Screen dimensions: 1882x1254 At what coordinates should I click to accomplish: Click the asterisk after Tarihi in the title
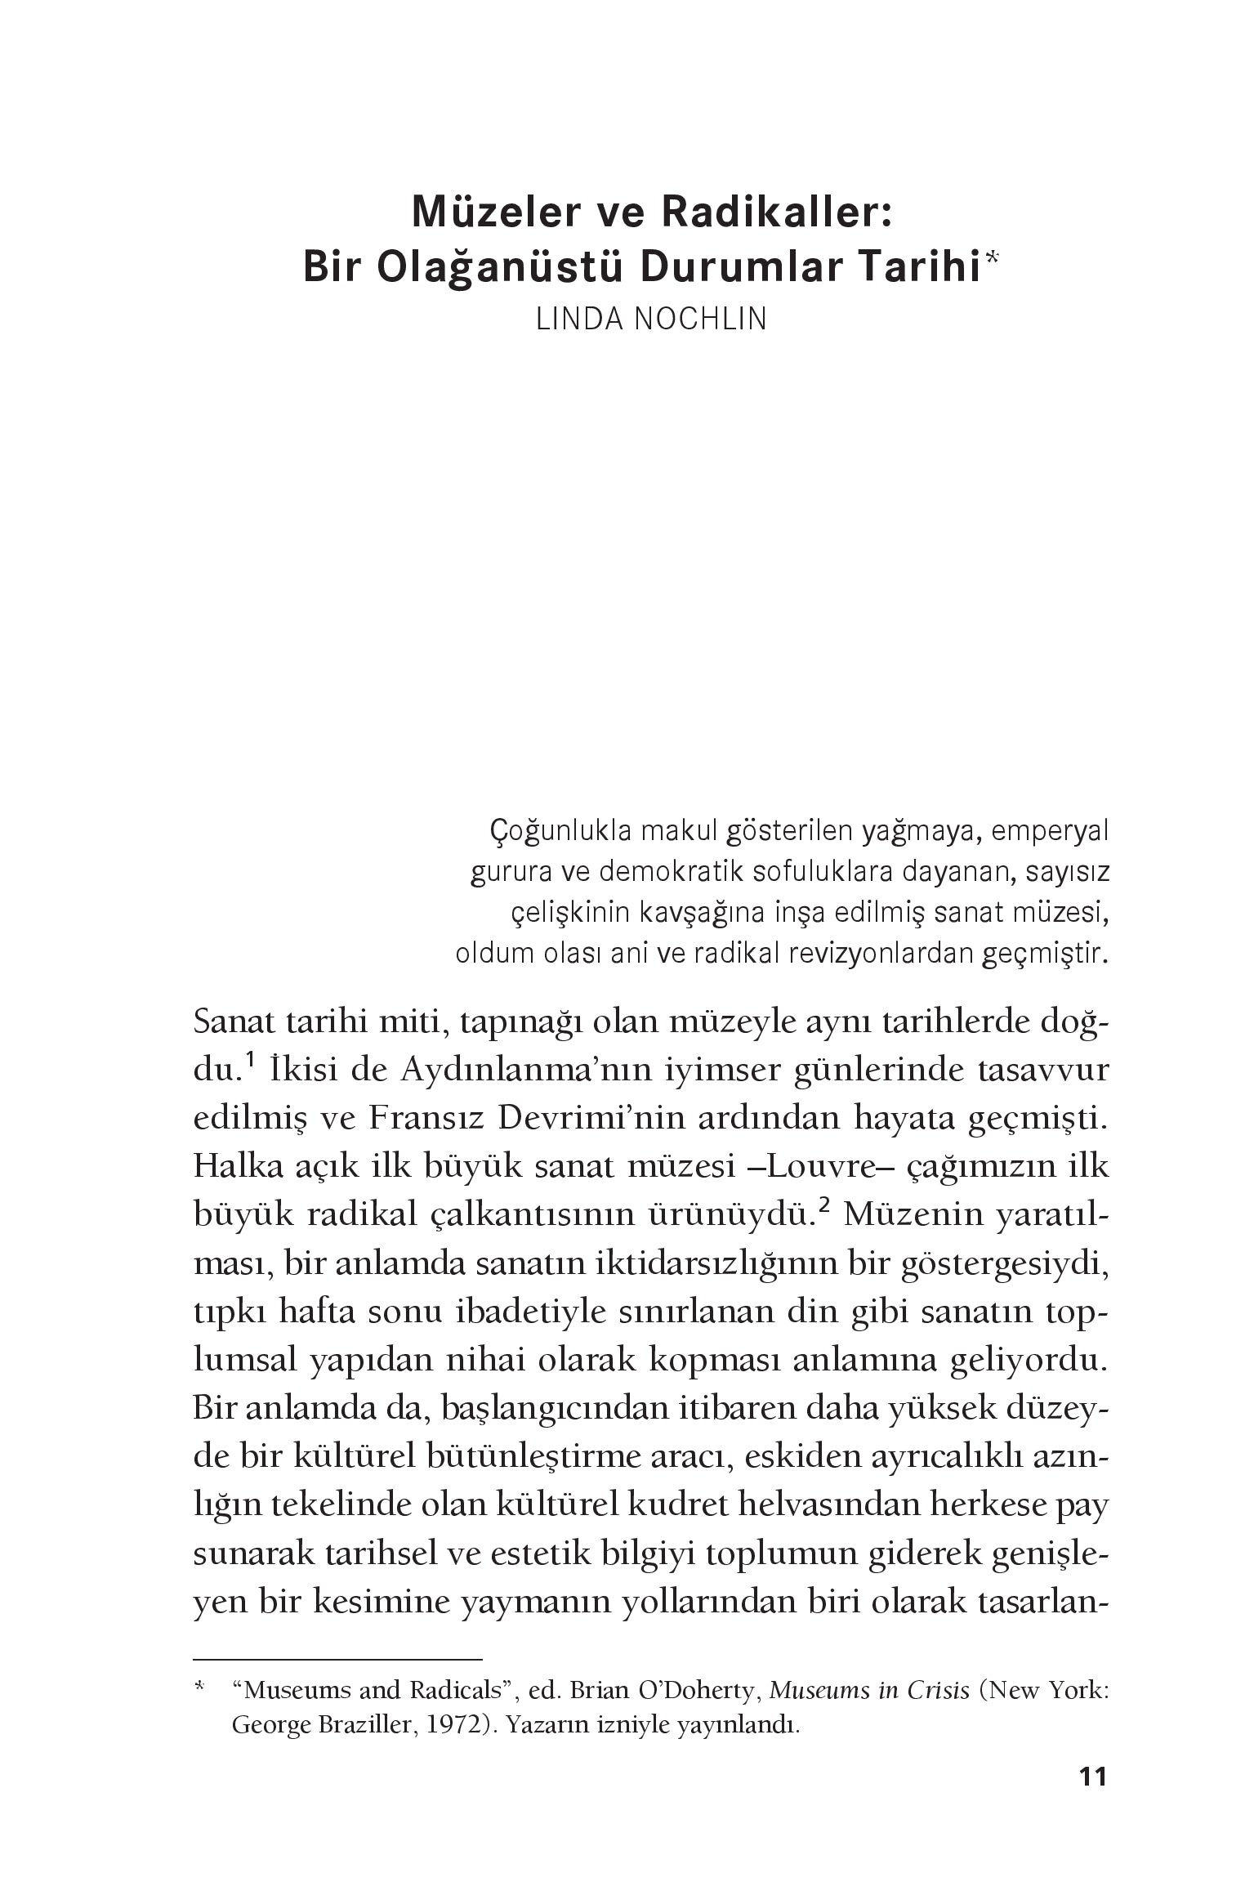991,259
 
